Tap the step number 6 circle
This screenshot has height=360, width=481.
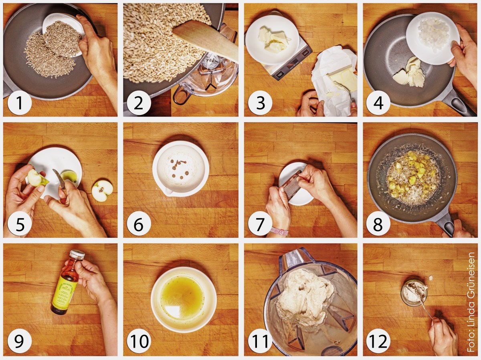pos(139,225)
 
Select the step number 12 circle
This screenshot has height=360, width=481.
pos(378,342)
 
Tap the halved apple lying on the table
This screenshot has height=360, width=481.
pos(102,191)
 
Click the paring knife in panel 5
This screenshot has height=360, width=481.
pos(59,180)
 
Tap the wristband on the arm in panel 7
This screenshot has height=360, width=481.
pos(279,231)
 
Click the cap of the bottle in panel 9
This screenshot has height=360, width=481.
pos(77,254)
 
